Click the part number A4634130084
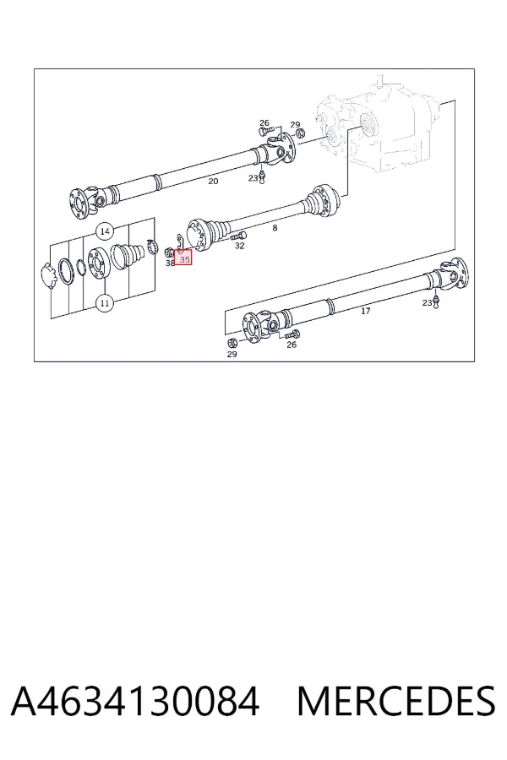135,701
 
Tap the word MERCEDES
396,701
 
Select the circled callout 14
106,231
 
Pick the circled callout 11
104,303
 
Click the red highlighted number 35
184,260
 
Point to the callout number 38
170,263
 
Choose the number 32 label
240,246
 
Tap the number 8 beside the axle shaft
275,228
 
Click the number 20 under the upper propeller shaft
213,182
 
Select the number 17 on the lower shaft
366,311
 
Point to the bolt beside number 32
238,236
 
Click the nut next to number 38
169,252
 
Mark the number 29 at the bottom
232,355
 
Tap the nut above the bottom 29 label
232,343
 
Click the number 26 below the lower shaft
291,345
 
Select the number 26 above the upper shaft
264,123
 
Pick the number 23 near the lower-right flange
427,303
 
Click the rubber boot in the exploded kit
128,255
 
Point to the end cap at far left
47,276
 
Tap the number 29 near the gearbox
295,125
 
